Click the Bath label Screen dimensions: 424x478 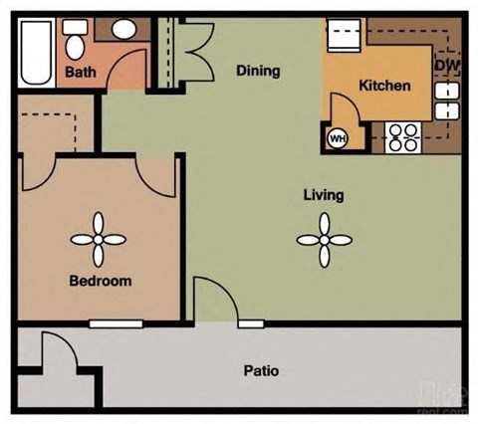coord(80,73)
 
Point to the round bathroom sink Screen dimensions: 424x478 coord(121,30)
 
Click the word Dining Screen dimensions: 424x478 coord(257,71)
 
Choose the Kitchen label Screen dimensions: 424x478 coord(383,86)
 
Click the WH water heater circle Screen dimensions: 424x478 coord(337,138)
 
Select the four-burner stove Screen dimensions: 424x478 coord(403,136)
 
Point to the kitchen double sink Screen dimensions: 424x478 coord(447,101)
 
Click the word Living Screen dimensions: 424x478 coord(324,194)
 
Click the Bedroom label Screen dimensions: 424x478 coord(100,281)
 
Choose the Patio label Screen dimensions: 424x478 coord(261,371)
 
